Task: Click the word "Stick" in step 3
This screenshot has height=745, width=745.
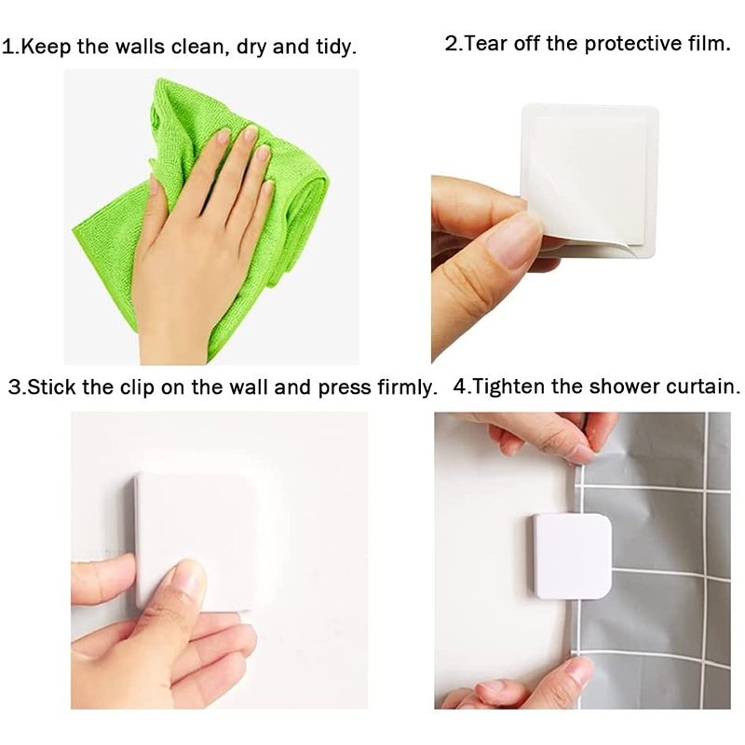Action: coord(52,387)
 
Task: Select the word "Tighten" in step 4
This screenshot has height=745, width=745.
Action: coord(508,387)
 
